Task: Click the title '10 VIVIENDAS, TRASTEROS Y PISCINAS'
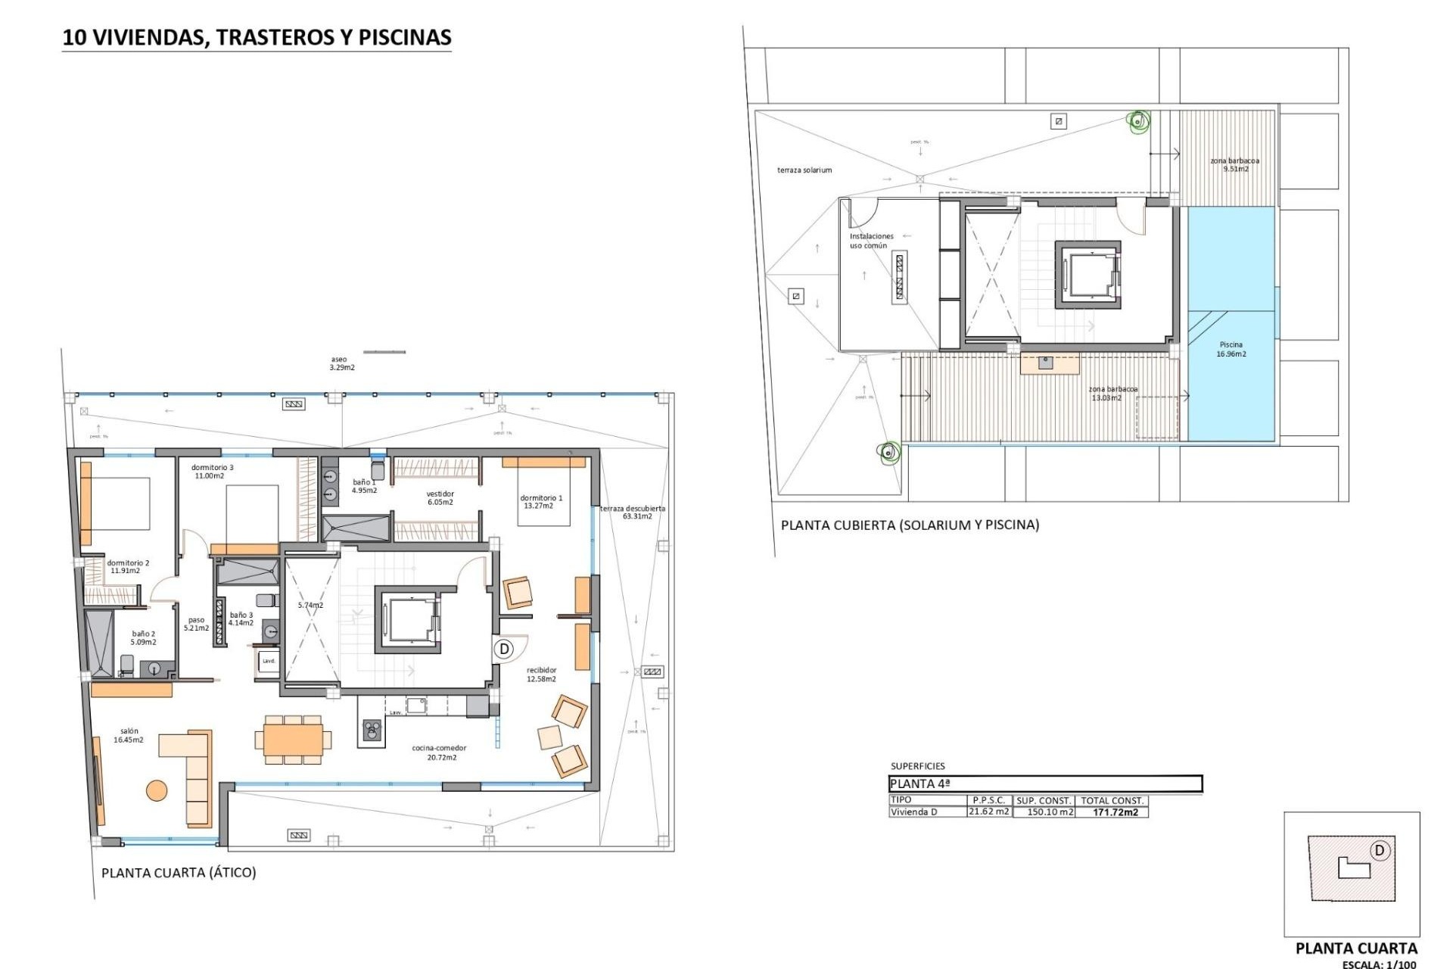[257, 38]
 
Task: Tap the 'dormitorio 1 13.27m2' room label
[540, 502]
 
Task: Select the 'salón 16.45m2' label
[129, 735]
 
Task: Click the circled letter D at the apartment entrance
[504, 649]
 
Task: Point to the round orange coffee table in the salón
[157, 790]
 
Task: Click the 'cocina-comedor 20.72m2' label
[439, 752]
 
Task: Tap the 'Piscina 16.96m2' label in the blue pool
[1231, 349]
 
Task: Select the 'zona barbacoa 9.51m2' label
[1234, 164]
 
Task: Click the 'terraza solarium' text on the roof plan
[804, 170]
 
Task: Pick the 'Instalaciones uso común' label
[871, 241]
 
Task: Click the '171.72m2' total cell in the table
[1115, 812]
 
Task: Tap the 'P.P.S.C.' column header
[988, 800]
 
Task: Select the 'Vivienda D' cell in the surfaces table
[913, 812]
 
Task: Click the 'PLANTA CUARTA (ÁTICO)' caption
[179, 872]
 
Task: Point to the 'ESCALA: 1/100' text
[1379, 964]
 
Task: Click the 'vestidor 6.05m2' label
[440, 497]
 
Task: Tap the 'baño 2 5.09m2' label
[144, 637]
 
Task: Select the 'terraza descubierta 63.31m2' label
[633, 513]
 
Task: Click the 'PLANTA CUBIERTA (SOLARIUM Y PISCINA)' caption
[910, 525]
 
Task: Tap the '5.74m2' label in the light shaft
[310, 605]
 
